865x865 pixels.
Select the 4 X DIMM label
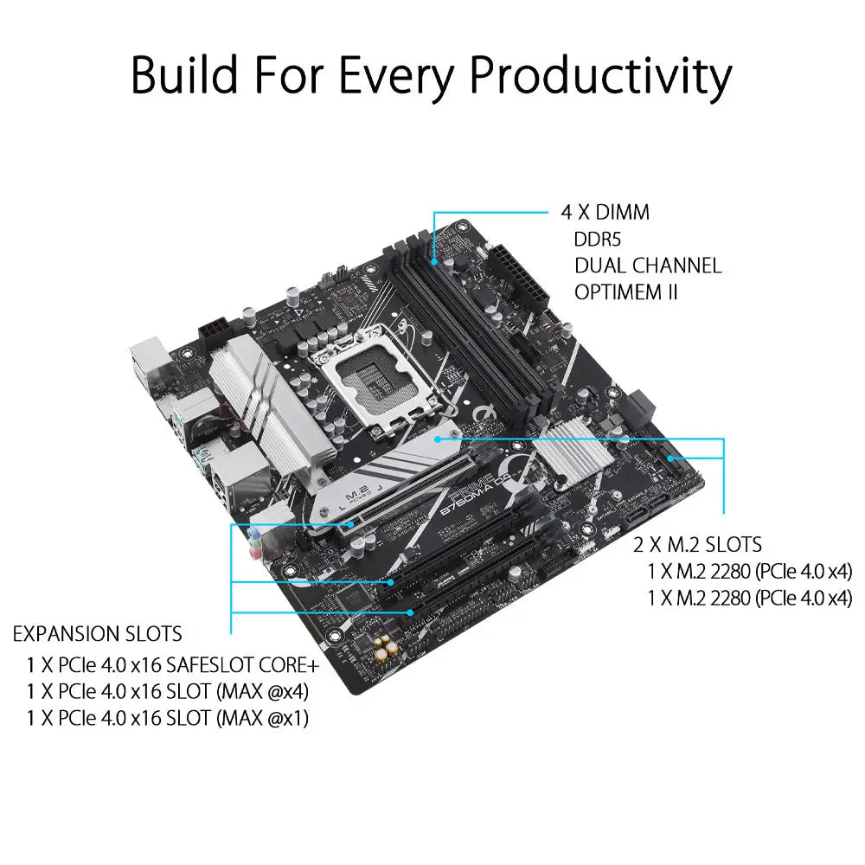[605, 213]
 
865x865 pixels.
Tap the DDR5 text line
[599, 239]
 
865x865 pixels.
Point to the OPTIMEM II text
[625, 292]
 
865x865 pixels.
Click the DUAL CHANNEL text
[647, 266]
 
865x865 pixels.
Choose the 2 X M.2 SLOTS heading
[697, 544]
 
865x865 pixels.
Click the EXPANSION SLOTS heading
[97, 634]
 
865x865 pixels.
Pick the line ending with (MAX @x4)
[167, 691]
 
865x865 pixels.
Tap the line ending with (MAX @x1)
[167, 718]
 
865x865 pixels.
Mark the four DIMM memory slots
[476, 320]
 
